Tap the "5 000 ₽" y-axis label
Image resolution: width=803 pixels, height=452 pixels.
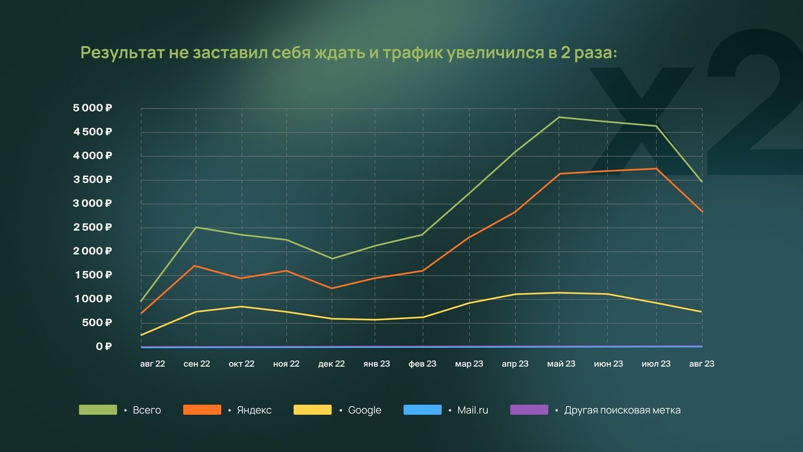point(92,108)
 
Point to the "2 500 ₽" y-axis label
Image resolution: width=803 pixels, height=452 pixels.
point(92,227)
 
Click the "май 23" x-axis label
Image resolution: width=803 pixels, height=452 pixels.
point(561,364)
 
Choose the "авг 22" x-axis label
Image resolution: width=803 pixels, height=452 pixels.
point(152,364)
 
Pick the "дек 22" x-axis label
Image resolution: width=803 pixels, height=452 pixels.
point(331,364)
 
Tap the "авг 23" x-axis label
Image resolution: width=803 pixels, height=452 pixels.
point(701,364)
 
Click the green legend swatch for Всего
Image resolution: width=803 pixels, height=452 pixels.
point(98,410)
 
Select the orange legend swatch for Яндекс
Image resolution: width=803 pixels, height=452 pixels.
point(202,410)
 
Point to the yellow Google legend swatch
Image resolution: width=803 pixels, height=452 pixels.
point(312,410)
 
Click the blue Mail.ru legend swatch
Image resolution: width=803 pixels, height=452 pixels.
point(422,410)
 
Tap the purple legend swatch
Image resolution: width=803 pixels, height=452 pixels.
point(529,410)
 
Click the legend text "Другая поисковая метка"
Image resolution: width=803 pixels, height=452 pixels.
point(622,411)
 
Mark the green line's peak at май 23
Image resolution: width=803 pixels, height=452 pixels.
point(560,117)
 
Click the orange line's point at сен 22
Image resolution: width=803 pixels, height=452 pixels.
point(195,266)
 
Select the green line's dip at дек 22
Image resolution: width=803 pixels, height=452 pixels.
point(331,259)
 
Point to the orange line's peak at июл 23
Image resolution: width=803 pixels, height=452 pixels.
point(656,168)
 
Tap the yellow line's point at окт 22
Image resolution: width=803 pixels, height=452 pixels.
point(241,306)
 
